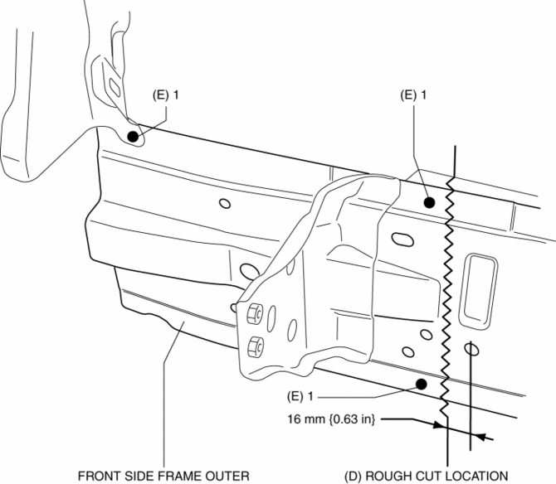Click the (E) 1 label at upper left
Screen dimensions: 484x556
click(166, 96)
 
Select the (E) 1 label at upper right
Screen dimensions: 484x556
click(413, 96)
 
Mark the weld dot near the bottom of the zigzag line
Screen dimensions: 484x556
click(422, 383)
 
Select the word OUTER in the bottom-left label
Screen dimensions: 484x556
click(229, 476)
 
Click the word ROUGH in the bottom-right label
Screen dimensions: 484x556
click(397, 476)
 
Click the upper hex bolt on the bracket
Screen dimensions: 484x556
click(253, 313)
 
